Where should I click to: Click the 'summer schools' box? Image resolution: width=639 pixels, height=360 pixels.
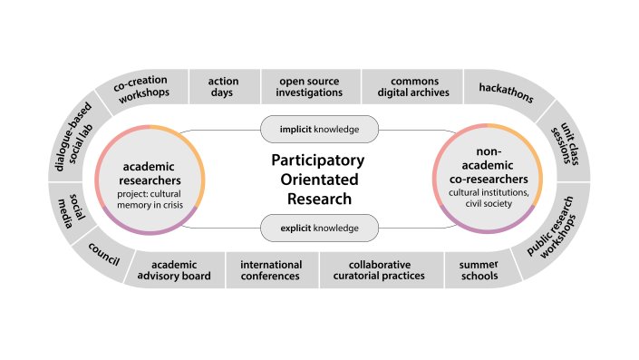coord(472,269)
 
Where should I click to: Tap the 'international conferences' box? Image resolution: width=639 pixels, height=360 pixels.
coord(271,269)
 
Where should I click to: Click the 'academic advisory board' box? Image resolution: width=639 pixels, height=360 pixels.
coord(174,269)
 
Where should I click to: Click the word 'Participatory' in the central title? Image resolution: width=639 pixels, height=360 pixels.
coord(318,161)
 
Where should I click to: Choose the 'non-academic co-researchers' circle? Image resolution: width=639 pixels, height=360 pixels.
coord(489,179)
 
